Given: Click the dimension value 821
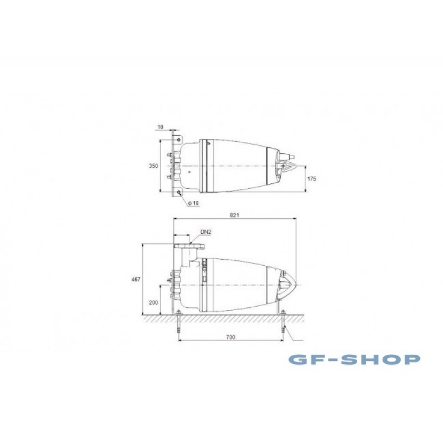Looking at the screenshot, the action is pos(234,215).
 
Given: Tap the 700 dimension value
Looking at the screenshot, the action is pos(230,337).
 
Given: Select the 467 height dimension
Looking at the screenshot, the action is pos(136,280).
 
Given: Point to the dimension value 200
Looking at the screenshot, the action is pos(153,302).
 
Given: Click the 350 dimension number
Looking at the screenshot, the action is pos(153,166).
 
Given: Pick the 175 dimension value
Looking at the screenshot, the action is pos(312,178).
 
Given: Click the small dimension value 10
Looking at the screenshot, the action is pos(160,127).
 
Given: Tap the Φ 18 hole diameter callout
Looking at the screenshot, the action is pos(193,203).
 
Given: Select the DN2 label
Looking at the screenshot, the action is pos(206,232).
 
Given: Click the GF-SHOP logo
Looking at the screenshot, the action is pos(354,359).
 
